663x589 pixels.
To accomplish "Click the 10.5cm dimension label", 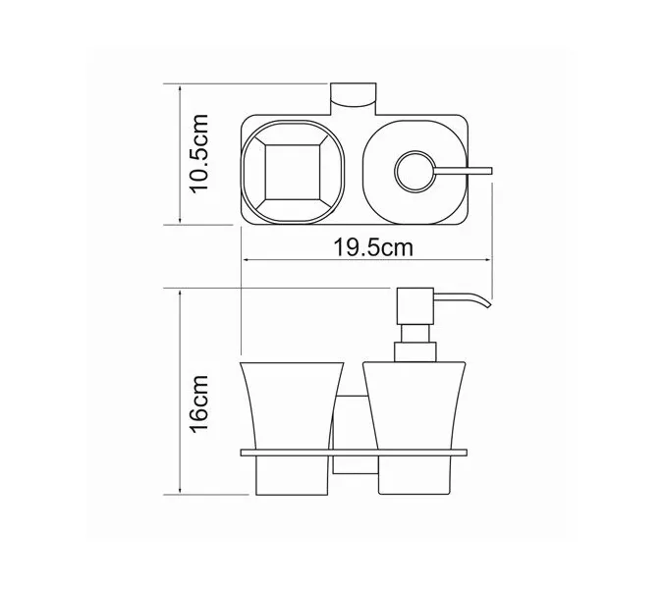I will tap(200, 153).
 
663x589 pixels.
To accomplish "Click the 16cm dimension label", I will tap(200, 400).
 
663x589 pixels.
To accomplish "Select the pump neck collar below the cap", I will tap(412, 351).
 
